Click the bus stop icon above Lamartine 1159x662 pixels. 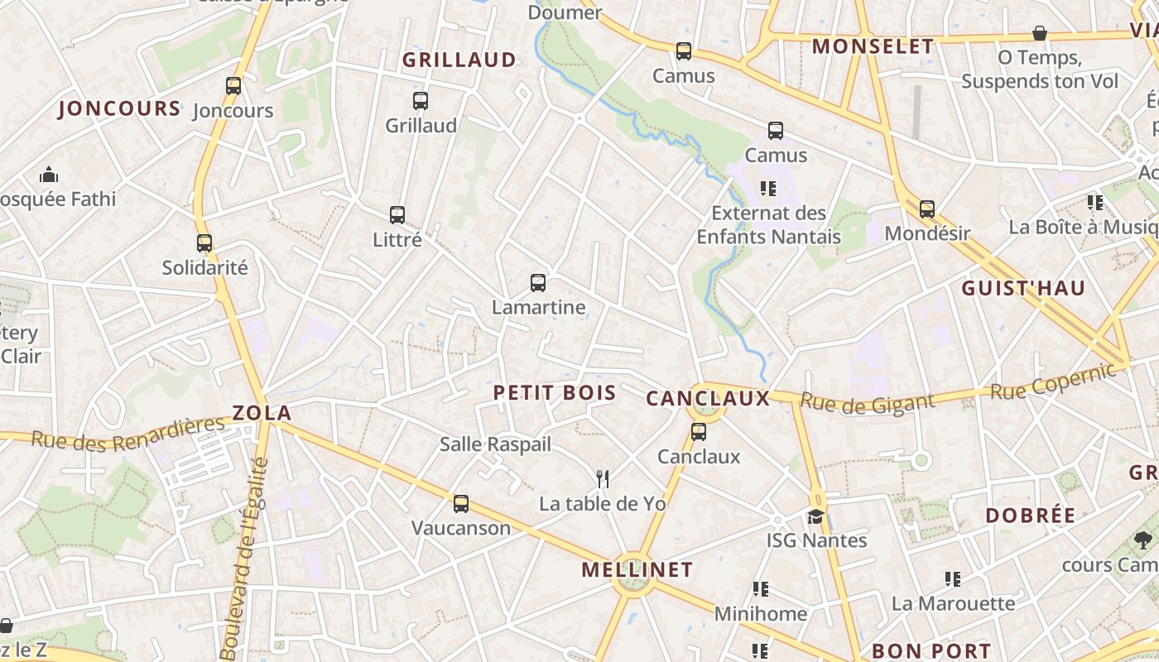(x=538, y=283)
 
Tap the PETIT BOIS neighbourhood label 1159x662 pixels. (x=555, y=393)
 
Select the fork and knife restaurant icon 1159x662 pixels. (x=603, y=478)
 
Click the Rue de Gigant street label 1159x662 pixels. (x=868, y=404)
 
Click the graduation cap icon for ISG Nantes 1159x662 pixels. (x=816, y=516)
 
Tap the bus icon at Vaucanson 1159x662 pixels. (x=461, y=503)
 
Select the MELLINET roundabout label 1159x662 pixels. (x=637, y=569)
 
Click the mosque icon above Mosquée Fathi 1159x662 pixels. (x=49, y=175)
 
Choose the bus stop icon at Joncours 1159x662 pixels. (x=233, y=85)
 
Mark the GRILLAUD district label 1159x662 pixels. (x=459, y=60)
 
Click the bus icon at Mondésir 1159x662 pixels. (x=927, y=209)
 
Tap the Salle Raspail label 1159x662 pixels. (x=495, y=444)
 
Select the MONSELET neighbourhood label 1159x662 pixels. (x=873, y=46)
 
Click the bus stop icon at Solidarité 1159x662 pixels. (x=204, y=243)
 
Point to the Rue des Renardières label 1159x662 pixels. (x=128, y=433)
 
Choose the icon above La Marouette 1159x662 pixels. (x=953, y=579)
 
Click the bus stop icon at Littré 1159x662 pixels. (x=397, y=215)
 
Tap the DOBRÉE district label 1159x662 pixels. (x=1030, y=516)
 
